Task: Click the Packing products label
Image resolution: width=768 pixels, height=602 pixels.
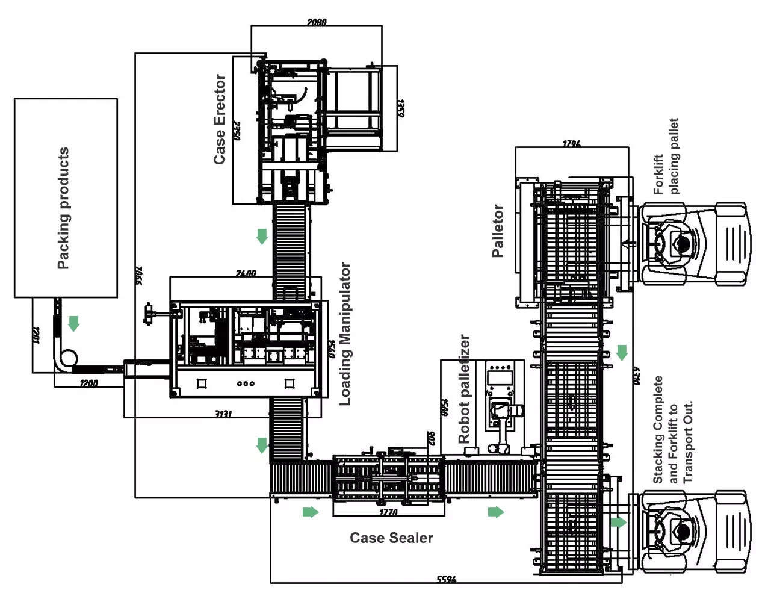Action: tap(63, 208)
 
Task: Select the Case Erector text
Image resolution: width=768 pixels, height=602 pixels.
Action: tap(220, 119)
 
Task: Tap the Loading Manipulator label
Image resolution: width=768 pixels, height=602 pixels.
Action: tap(345, 334)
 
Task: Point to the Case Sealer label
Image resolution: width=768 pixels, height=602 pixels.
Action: tap(391, 538)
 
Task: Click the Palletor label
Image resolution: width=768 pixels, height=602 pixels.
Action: tap(498, 231)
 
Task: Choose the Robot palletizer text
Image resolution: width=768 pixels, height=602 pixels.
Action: tap(464, 389)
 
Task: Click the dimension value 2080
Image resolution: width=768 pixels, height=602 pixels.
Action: tap(317, 22)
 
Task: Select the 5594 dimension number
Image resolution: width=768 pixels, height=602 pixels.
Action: tap(446, 579)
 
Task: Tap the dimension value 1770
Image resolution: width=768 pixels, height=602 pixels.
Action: tap(388, 512)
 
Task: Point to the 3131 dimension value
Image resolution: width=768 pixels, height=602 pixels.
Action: tap(223, 414)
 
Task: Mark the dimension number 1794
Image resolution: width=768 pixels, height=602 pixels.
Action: tap(571, 143)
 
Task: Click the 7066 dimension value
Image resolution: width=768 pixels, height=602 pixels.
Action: tap(138, 275)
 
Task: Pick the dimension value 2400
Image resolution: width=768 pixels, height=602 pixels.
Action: tap(246, 273)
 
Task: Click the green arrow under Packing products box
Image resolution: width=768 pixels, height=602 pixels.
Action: tap(74, 324)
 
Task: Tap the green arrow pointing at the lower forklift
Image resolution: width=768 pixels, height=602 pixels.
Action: tap(618, 522)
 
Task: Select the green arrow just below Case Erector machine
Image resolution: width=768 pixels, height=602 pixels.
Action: tap(262, 236)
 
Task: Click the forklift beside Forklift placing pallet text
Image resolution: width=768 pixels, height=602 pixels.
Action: tap(692, 244)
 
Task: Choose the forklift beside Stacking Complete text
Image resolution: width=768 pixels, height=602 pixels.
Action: tap(692, 532)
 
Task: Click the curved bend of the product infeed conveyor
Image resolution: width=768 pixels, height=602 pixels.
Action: tap(65, 359)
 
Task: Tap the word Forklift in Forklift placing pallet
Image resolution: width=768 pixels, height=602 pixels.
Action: tap(658, 175)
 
